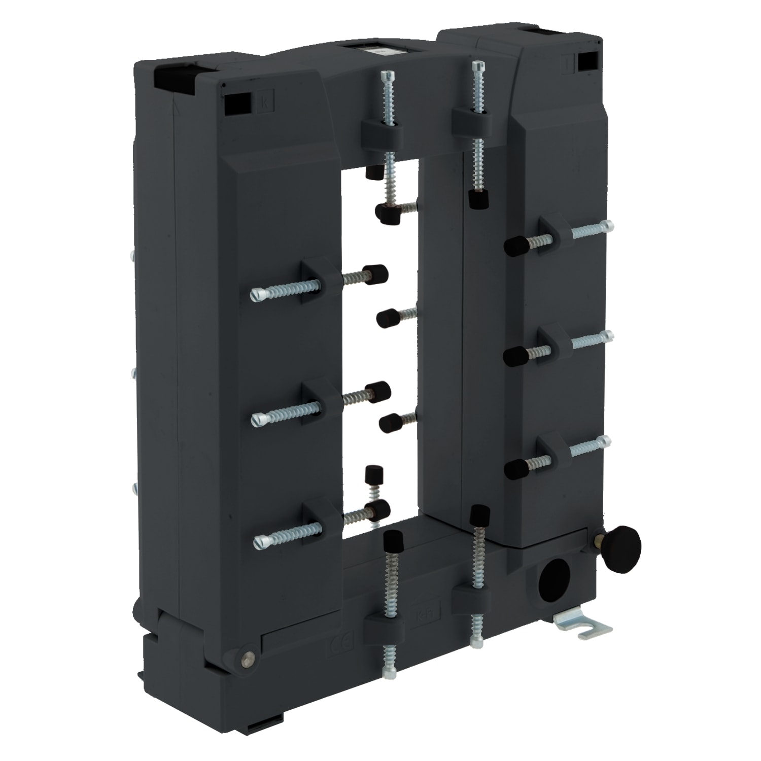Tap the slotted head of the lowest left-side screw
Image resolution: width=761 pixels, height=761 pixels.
click(x=260, y=542)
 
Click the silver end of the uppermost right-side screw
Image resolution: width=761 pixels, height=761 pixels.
click(x=607, y=225)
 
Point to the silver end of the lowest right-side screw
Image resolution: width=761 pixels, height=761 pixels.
click(x=604, y=440)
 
